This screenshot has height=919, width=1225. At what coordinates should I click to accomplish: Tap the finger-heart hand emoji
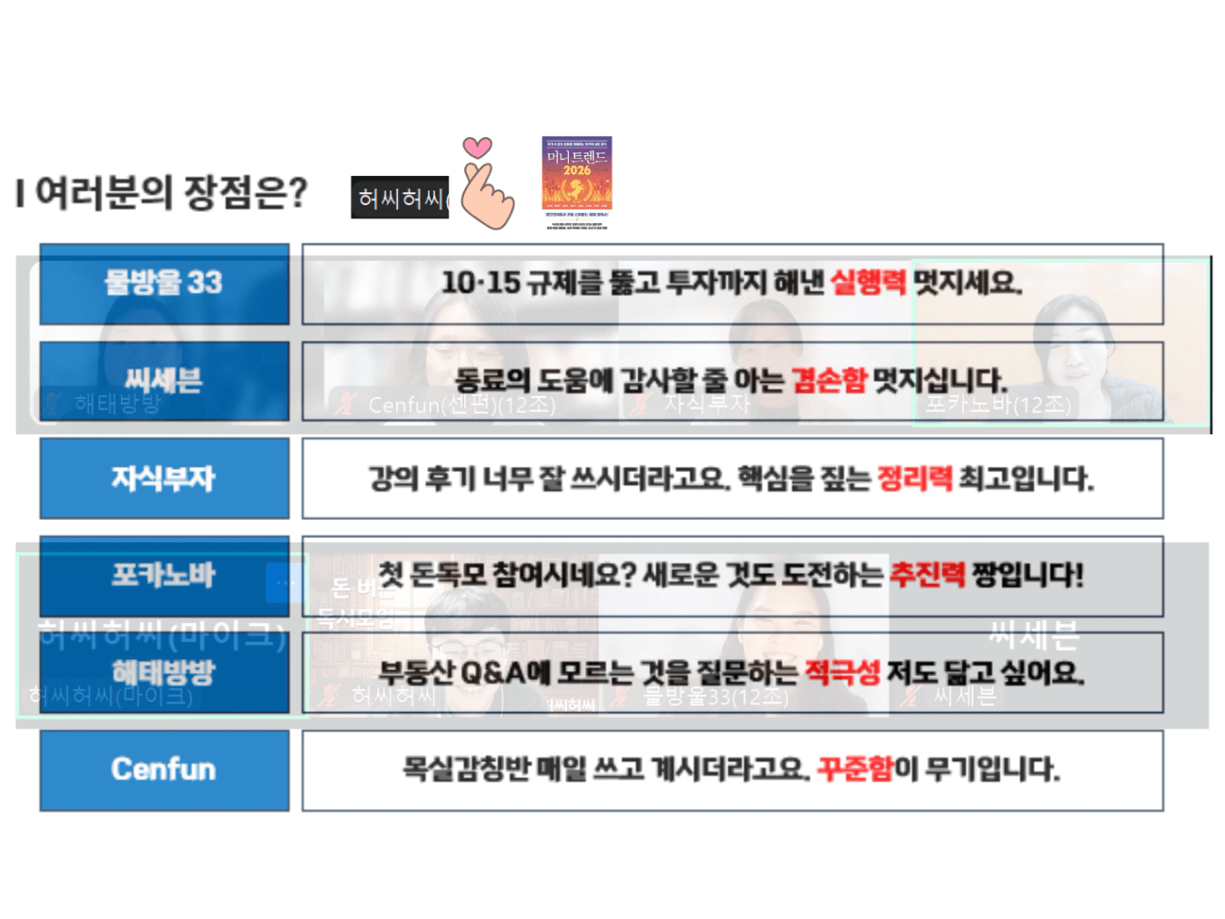(x=487, y=194)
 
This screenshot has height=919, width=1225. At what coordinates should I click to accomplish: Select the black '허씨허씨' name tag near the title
(x=400, y=198)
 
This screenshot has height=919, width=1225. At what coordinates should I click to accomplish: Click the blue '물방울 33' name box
(x=164, y=283)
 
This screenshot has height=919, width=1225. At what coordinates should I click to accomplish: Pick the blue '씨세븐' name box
(x=164, y=381)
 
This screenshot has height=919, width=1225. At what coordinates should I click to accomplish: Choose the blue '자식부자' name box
(x=164, y=478)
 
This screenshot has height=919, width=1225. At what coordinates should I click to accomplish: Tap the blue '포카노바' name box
(x=164, y=576)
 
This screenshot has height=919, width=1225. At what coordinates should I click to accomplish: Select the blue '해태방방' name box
(x=164, y=673)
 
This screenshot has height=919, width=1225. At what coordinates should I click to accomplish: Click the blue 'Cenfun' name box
(x=164, y=770)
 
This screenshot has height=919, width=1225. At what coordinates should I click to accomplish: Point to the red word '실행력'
(x=868, y=283)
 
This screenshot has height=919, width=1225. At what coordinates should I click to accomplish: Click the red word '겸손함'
(x=829, y=380)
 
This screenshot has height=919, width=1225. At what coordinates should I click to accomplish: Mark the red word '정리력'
(x=914, y=478)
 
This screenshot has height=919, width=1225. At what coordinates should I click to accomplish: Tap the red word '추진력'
(x=927, y=575)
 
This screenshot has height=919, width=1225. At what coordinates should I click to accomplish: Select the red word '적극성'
(x=842, y=673)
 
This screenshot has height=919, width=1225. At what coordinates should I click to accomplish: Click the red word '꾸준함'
(x=854, y=769)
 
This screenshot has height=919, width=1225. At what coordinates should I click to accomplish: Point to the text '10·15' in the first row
(x=480, y=283)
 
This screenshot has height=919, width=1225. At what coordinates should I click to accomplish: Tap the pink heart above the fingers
(x=478, y=147)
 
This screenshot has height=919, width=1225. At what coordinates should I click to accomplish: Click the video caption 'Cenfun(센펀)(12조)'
(x=461, y=405)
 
